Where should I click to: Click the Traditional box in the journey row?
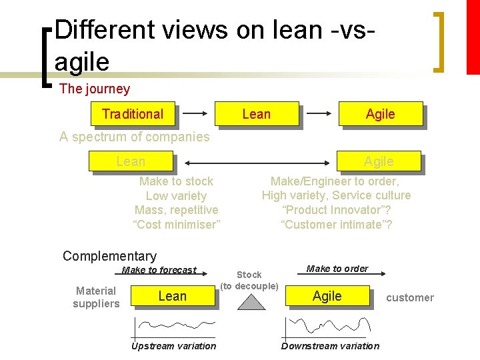tap(133, 114)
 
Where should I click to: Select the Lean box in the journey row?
tap(257, 114)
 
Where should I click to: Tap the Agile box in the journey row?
tap(381, 114)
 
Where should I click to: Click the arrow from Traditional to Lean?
tap(195, 114)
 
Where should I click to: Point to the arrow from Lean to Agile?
tap(319, 114)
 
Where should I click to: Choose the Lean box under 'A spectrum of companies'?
tap(131, 161)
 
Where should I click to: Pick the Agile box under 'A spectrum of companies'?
tap(379, 161)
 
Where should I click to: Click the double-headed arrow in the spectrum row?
tap(255, 162)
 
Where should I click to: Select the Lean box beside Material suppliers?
tap(173, 296)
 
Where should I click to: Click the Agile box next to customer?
tap(327, 296)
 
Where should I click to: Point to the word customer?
tap(410, 298)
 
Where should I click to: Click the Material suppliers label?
tap(96, 297)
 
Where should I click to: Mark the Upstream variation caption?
tap(173, 346)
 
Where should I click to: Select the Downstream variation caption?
tap(330, 346)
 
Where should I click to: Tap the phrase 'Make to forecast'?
tap(159, 270)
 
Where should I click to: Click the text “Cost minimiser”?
tap(177, 225)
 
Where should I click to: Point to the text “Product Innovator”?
tap(336, 210)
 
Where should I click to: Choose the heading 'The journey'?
tap(95, 89)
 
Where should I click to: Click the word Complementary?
tap(109, 256)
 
